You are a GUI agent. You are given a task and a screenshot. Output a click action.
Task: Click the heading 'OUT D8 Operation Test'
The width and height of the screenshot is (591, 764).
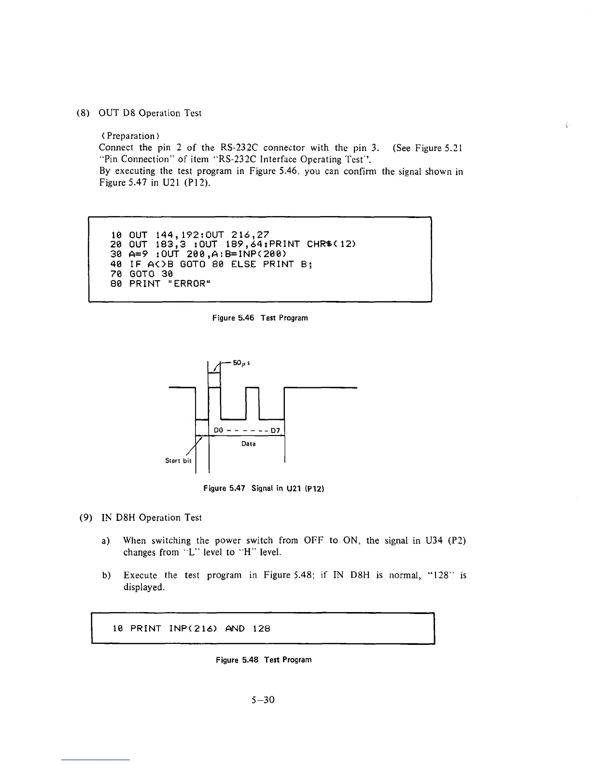[x=150, y=113]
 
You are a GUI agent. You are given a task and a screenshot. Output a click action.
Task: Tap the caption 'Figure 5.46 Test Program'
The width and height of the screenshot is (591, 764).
[x=260, y=318]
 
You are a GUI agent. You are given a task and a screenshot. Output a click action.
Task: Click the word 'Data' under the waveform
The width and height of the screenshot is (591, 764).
[x=248, y=444]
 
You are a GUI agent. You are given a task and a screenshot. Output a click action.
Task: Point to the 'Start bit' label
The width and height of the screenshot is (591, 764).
[x=178, y=461]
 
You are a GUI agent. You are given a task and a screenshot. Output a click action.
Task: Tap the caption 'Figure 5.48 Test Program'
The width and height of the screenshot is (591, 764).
[x=263, y=660]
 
